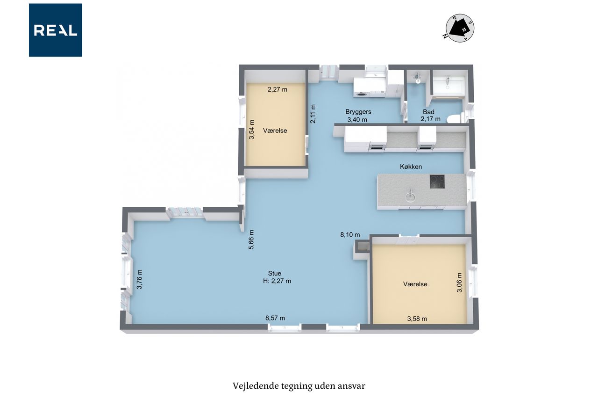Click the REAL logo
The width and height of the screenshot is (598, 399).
(x=56, y=30)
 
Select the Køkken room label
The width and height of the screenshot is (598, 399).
(x=411, y=167)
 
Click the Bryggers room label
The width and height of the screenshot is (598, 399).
(x=358, y=112)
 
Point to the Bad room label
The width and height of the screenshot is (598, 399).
(x=428, y=112)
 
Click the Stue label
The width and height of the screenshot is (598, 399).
(x=274, y=273)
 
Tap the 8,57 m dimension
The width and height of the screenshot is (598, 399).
(x=275, y=318)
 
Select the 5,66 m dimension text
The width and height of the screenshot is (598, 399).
(x=251, y=239)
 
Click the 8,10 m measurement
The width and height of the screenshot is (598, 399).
(x=350, y=235)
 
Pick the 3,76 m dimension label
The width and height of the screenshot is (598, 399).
(x=139, y=279)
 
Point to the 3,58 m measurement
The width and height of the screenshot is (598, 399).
(x=417, y=319)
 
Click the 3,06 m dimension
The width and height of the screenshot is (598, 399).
(x=459, y=283)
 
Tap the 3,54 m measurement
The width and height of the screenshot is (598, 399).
(x=251, y=130)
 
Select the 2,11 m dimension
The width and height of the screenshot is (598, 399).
(x=313, y=114)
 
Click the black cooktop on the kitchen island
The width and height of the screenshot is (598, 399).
(x=437, y=182)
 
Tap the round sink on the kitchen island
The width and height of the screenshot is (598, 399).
(x=410, y=197)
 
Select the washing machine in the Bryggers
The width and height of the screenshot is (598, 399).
(x=362, y=87)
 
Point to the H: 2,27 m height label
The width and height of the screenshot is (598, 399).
(x=277, y=281)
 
